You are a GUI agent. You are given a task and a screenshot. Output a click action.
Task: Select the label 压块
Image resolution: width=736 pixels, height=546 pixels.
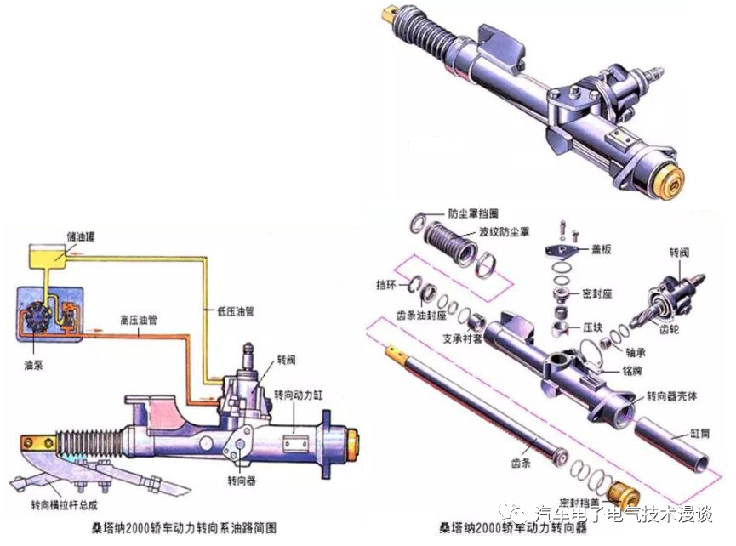coord(593,326)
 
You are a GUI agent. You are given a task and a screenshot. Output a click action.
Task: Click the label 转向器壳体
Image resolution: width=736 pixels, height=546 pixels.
coord(672,397)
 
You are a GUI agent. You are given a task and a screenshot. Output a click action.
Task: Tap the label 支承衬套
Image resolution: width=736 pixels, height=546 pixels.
coord(463,338)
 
